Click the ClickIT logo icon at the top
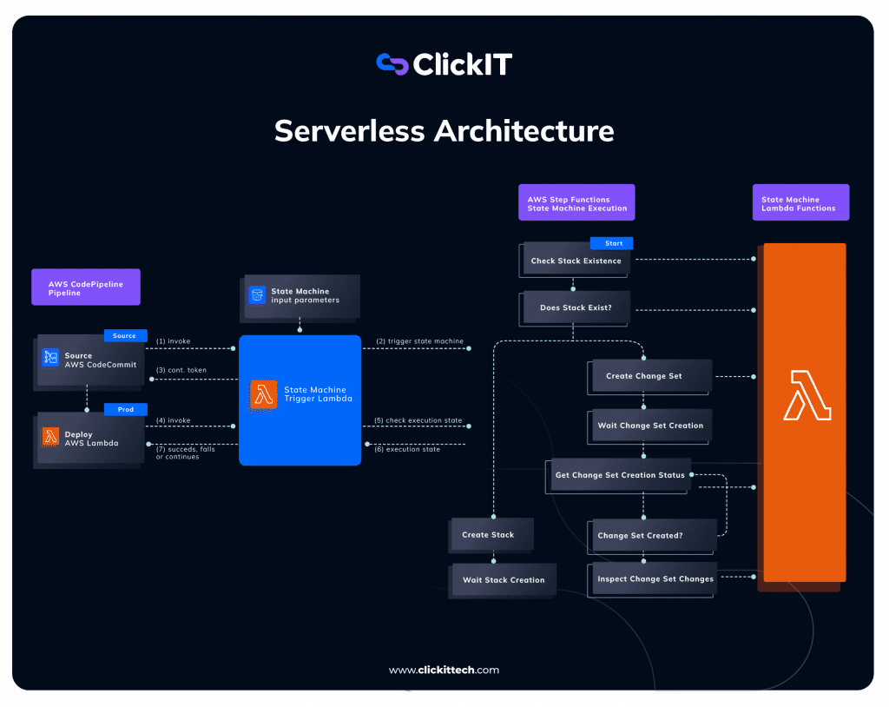click(x=392, y=64)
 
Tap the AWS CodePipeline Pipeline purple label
click(x=85, y=287)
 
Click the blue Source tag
click(x=125, y=335)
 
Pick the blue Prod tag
click(x=125, y=409)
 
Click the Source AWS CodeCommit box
click(x=90, y=360)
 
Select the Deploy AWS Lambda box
click(x=89, y=439)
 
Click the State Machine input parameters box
click(x=301, y=296)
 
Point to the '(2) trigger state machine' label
click(x=419, y=341)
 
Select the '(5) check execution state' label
click(x=418, y=420)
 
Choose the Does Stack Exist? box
click(x=576, y=307)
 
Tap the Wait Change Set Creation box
click(x=650, y=426)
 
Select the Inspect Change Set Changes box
click(x=655, y=579)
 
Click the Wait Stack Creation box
click(x=503, y=580)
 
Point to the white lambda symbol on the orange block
click(x=807, y=395)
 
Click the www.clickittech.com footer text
click(x=444, y=670)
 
